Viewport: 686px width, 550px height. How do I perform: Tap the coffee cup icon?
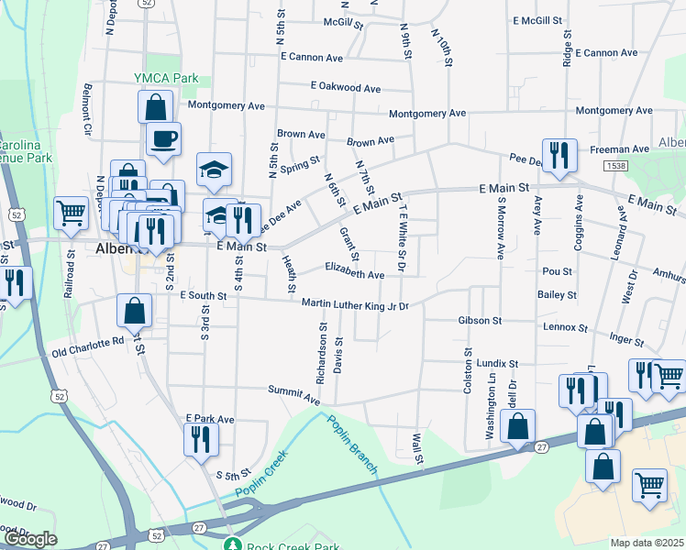(x=163, y=139)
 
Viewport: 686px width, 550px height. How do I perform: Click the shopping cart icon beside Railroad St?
(x=71, y=213)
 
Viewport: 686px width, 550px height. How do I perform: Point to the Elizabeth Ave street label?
(x=355, y=274)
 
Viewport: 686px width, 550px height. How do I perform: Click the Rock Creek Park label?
(x=286, y=544)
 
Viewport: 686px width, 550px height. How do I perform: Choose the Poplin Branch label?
(x=353, y=445)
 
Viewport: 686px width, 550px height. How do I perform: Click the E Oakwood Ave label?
(x=345, y=88)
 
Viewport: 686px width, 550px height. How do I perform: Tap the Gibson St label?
(x=480, y=321)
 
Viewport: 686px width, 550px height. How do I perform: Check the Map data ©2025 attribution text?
(x=647, y=543)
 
